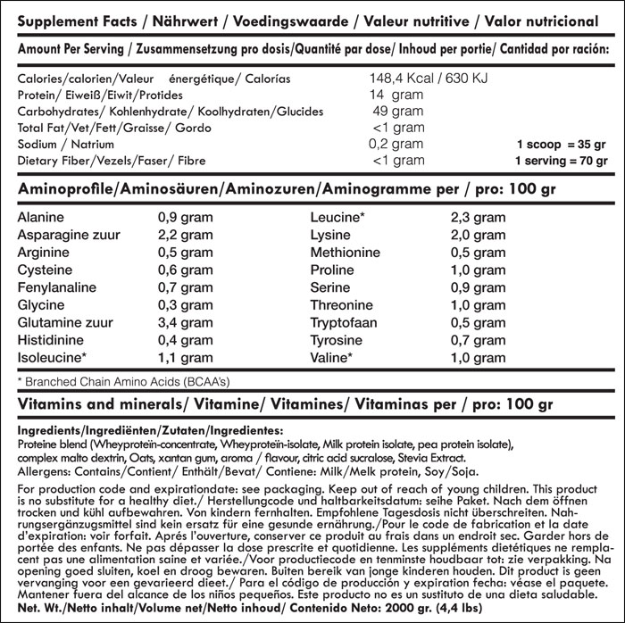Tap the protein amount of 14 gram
397,96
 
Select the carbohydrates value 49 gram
397,112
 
